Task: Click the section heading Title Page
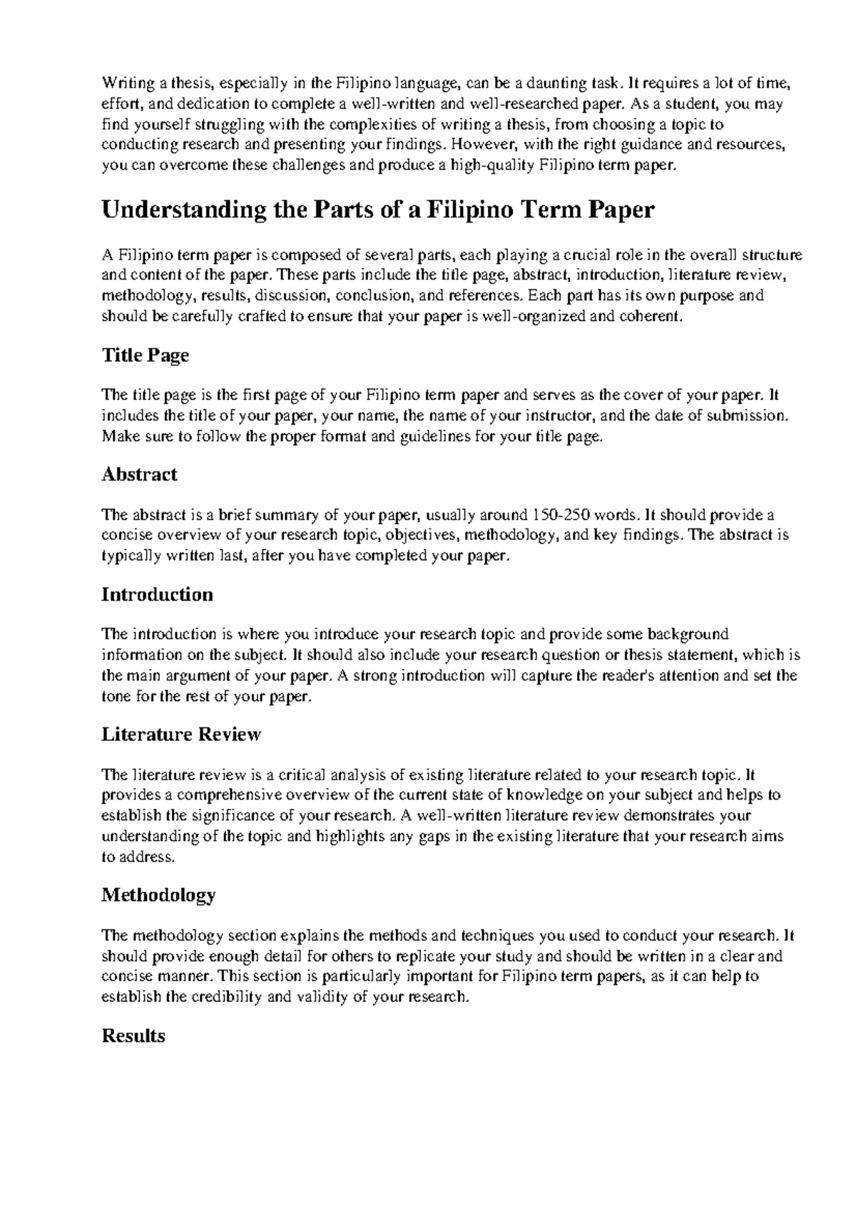(146, 355)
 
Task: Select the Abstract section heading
(139, 475)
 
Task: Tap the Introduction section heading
(157, 595)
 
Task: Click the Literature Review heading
(181, 735)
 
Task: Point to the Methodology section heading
(158, 895)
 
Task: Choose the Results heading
(133, 1036)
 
